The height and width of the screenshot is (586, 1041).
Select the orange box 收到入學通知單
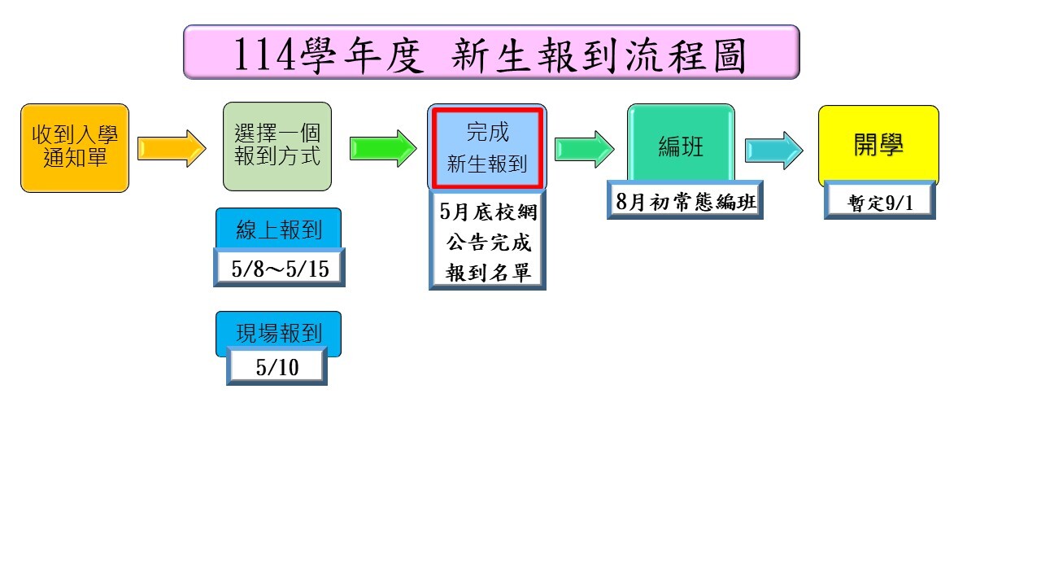pyautogui.click(x=75, y=147)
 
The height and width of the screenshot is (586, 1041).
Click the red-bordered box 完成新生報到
pyautogui.click(x=487, y=148)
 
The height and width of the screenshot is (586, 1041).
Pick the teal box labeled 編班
pyautogui.click(x=681, y=146)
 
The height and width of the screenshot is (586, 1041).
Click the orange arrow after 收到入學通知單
pyautogui.click(x=172, y=148)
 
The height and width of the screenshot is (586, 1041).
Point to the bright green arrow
pyautogui.click(x=383, y=148)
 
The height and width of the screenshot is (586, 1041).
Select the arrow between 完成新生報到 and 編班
pyautogui.click(x=584, y=149)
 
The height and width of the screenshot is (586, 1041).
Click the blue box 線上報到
pyautogui.click(x=279, y=230)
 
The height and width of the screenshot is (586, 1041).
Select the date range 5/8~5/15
pyautogui.click(x=280, y=269)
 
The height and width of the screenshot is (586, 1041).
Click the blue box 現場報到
pyautogui.click(x=279, y=333)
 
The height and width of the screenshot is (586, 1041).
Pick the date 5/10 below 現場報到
pyautogui.click(x=277, y=367)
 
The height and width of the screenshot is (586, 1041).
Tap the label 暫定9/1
pyautogui.click(x=880, y=203)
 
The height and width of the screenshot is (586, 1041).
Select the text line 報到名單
pyautogui.click(x=487, y=273)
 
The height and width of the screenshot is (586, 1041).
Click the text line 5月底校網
pyautogui.click(x=487, y=213)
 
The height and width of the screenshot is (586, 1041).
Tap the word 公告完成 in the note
pyautogui.click(x=487, y=243)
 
